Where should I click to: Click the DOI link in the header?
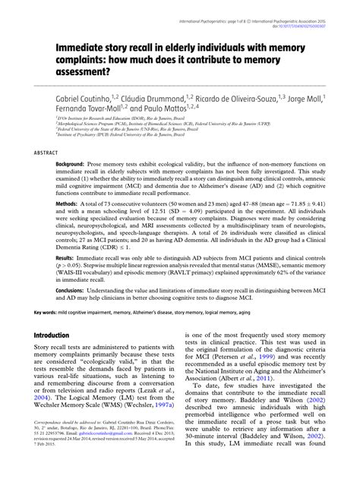(x=299, y=11)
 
